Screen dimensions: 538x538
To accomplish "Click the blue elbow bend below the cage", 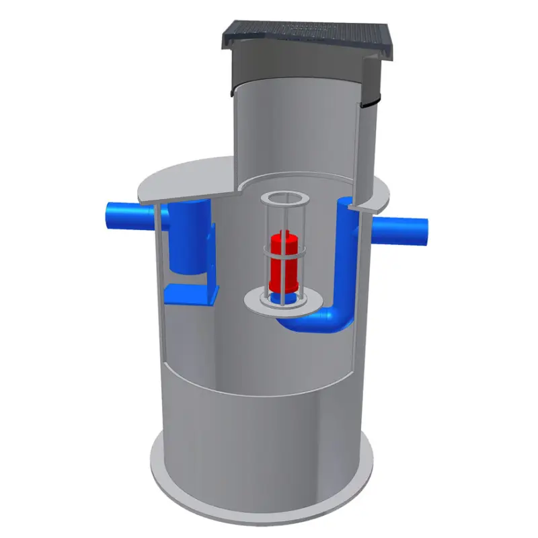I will click(316, 321).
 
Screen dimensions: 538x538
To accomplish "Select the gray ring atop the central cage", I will click(283, 200).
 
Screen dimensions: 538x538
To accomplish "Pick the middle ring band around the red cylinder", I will click(283, 256).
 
